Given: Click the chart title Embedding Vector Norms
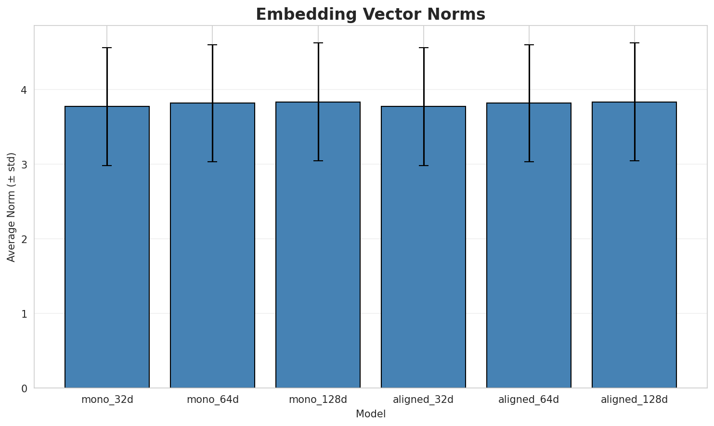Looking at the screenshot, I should pyautogui.click(x=370, y=14).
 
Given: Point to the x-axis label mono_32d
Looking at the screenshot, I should pyautogui.click(x=107, y=400).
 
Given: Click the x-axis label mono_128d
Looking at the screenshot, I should pyautogui.click(x=318, y=400).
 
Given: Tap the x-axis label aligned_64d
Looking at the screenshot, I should pyautogui.click(x=529, y=400).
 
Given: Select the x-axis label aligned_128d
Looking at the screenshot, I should pyautogui.click(x=634, y=400).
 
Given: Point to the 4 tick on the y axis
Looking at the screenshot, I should pyautogui.click(x=24, y=90).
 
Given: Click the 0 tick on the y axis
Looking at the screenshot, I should pyautogui.click(x=24, y=388).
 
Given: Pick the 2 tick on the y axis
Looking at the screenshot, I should pyautogui.click(x=24, y=239).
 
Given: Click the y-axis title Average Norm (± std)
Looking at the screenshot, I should pyautogui.click(x=12, y=207).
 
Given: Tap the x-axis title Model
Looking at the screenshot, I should pyautogui.click(x=370, y=414).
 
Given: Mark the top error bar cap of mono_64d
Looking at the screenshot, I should pyautogui.click(x=212, y=45).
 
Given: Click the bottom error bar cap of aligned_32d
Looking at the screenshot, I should pyautogui.click(x=423, y=166).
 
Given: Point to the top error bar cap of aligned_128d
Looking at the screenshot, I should pyautogui.click(x=634, y=43).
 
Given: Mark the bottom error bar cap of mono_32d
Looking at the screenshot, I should pyautogui.click(x=107, y=166).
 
